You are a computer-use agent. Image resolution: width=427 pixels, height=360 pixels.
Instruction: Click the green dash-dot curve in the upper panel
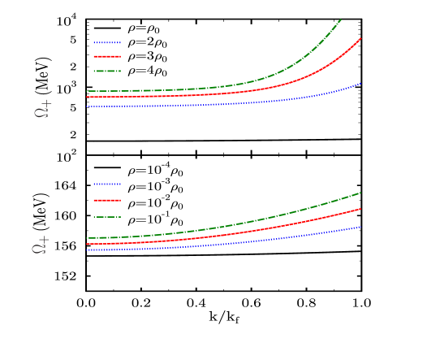coord(284,69)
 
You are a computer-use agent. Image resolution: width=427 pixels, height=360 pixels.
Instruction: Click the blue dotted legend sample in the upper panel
coord(107,42)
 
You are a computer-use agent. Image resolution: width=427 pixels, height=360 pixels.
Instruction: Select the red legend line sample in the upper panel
coord(107,56)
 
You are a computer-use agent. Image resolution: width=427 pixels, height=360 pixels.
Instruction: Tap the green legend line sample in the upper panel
coord(107,71)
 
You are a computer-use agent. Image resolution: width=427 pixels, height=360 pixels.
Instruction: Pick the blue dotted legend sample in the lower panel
coord(107,184)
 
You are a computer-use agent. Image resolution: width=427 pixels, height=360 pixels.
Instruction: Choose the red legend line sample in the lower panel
coord(107,199)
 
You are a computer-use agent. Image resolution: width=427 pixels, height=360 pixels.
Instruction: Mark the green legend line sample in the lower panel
coord(107,216)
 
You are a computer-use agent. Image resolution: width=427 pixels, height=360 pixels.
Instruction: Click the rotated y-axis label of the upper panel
coord(42,108)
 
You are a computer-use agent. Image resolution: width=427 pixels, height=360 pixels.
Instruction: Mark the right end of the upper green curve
coord(341,20)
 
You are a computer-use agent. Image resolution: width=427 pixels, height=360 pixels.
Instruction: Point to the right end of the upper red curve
coord(360,38)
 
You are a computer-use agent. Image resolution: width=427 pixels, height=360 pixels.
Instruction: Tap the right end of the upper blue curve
coord(361,83)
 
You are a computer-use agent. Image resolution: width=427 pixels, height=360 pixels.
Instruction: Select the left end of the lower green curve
coord(87,238)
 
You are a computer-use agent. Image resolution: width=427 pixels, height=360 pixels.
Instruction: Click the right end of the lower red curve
coord(361,209)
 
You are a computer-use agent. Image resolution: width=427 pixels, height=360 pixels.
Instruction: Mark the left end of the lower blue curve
coord(87,250)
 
